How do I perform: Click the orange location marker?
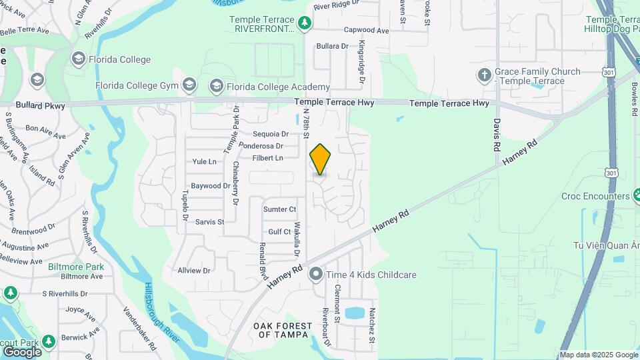(320, 159)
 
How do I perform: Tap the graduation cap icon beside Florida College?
(79, 59)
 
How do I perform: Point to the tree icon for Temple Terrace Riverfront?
(305, 24)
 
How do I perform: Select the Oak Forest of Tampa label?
(283, 330)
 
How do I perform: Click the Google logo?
(22, 351)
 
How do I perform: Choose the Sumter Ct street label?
(279, 209)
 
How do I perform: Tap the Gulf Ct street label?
(279, 232)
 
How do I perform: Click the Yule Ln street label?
(204, 161)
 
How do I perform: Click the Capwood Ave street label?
(366, 30)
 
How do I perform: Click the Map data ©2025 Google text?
(598, 355)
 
